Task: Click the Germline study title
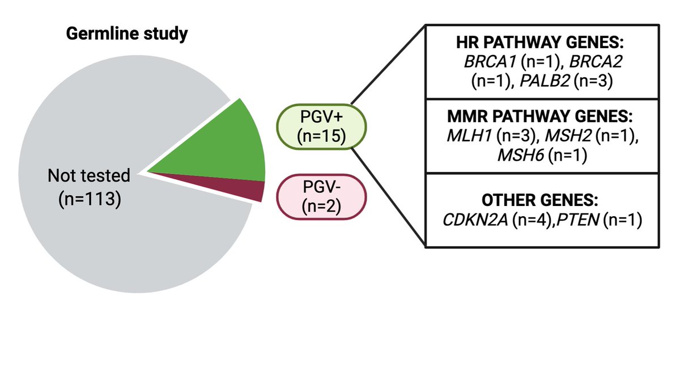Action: click(x=127, y=35)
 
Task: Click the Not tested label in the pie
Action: click(x=89, y=176)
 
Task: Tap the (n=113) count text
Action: click(x=90, y=200)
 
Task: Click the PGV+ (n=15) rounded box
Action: click(x=322, y=128)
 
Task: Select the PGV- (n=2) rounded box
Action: click(x=321, y=196)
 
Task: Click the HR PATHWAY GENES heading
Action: click(x=542, y=43)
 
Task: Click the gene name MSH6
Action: click(x=520, y=154)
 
